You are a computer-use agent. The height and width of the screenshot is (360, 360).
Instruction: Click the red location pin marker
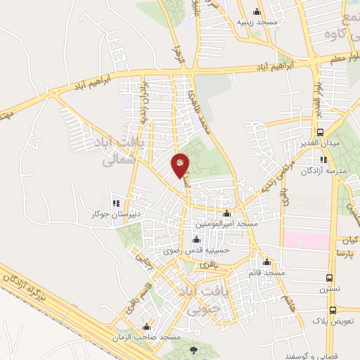coord(181,165)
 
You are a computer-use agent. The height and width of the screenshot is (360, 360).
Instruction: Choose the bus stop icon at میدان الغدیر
coord(321,132)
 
